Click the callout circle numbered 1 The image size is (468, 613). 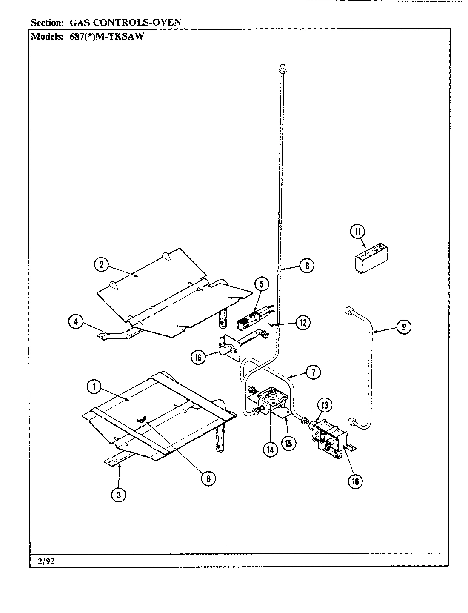(94, 387)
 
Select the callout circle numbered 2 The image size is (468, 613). (101, 264)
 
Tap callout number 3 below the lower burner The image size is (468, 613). (119, 495)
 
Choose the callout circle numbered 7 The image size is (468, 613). (313, 372)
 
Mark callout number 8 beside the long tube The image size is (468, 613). (306, 266)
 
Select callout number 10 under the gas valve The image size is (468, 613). (355, 481)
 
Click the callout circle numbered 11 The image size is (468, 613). (357, 232)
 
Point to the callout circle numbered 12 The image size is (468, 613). (303, 323)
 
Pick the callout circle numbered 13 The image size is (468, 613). (325, 405)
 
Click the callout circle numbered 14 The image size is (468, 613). (270, 449)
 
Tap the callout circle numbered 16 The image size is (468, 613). (198, 357)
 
